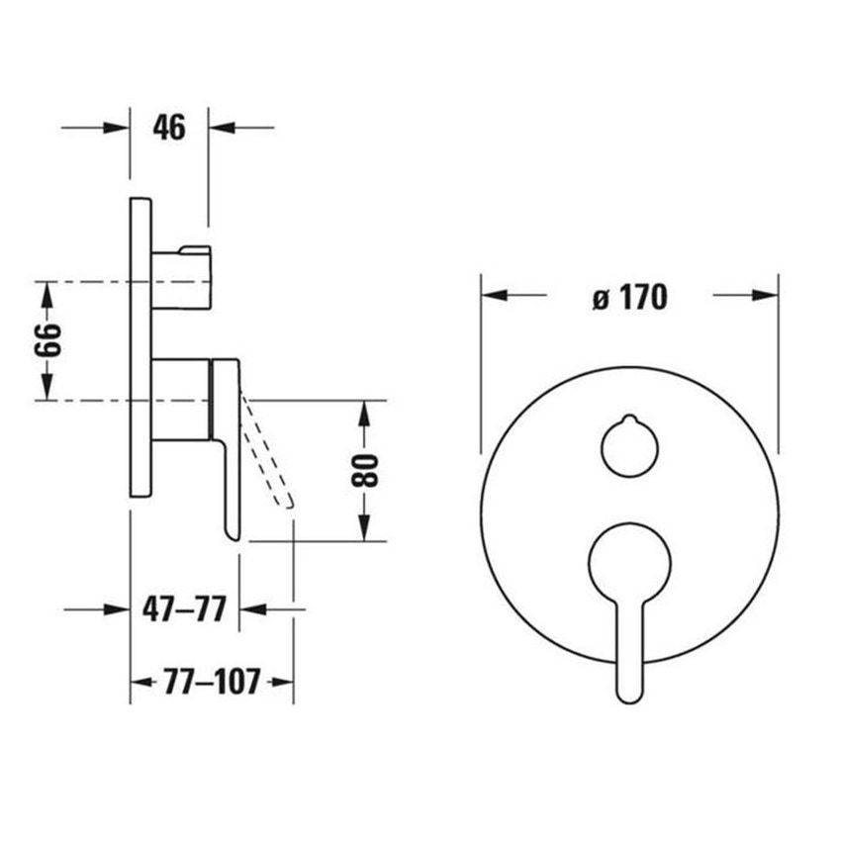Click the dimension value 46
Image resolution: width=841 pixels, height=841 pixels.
[x=169, y=128]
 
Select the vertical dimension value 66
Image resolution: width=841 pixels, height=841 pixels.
[x=47, y=340]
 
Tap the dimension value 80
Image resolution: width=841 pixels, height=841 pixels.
[x=365, y=470]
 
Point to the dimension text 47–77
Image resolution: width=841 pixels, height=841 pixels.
[x=184, y=609]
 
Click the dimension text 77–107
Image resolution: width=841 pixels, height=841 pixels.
[x=212, y=682]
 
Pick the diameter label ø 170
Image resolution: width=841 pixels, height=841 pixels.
[x=630, y=297]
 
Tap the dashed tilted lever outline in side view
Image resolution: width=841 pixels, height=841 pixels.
[x=266, y=449]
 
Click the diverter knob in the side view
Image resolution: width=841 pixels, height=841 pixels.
[x=181, y=278]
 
